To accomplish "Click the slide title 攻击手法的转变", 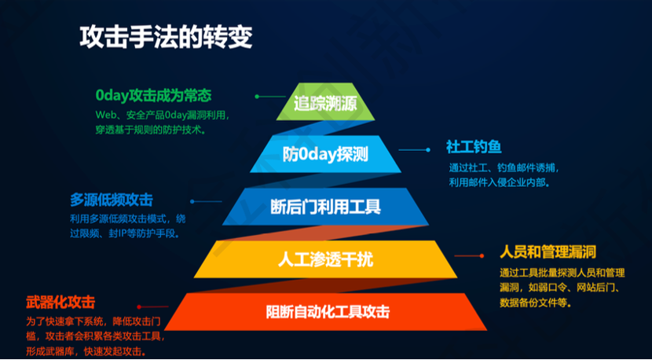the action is pyautogui.click(x=166, y=39).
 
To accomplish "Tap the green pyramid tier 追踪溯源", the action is pyautogui.click(x=325, y=102).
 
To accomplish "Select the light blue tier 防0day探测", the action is pyautogui.click(x=325, y=154).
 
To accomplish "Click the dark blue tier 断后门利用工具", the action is pyautogui.click(x=325, y=207).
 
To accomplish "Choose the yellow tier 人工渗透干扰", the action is pyautogui.click(x=325, y=259).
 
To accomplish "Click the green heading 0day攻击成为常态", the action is pyautogui.click(x=153, y=96).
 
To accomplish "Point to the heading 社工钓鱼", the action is pyautogui.click(x=474, y=147).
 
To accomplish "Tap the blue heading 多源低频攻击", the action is pyautogui.click(x=112, y=200).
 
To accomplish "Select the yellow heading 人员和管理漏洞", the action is pyautogui.click(x=548, y=252).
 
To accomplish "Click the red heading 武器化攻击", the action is pyautogui.click(x=60, y=303).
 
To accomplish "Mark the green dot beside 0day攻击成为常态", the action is pyautogui.click(x=257, y=97).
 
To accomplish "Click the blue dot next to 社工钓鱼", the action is pyautogui.click(x=428, y=150).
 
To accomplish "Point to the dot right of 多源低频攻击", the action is pyautogui.click(x=192, y=201).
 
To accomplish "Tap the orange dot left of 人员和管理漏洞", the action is pyautogui.click(x=482, y=256).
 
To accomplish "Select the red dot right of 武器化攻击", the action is pyautogui.click(x=139, y=307).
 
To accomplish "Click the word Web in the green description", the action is pyautogui.click(x=104, y=114).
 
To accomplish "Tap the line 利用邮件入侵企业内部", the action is pyautogui.click(x=500, y=182).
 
